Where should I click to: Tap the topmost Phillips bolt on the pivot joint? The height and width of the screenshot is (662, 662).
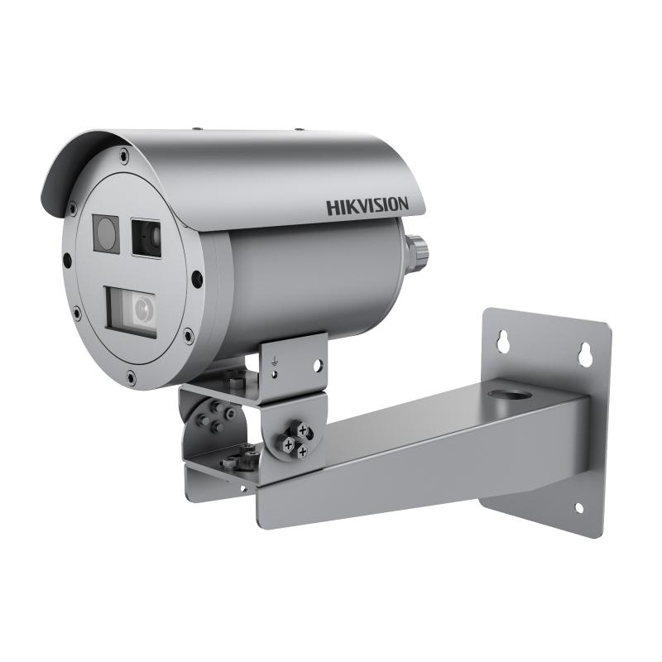[x=303, y=427]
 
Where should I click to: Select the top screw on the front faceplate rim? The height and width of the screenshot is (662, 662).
[x=123, y=154]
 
